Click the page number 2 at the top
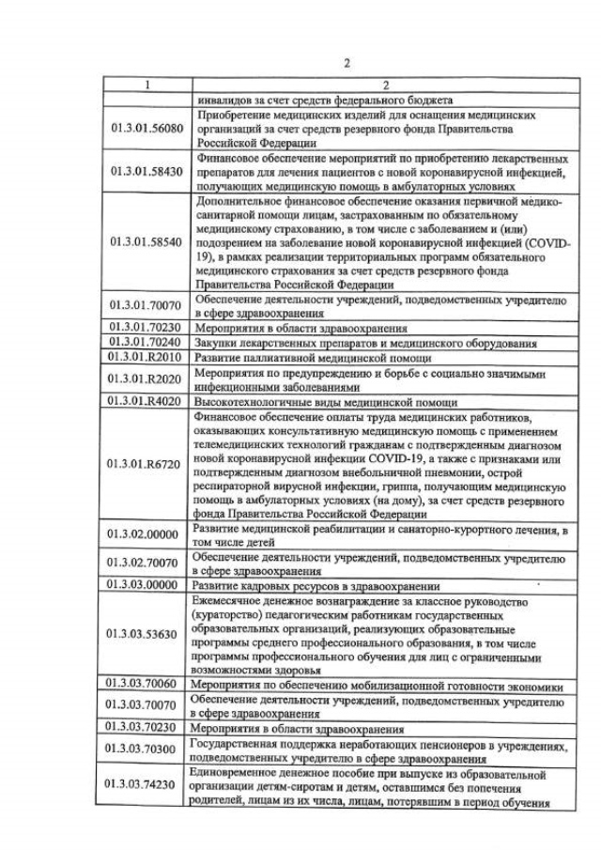pyautogui.click(x=347, y=63)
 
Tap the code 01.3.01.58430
pyautogui.click(x=146, y=172)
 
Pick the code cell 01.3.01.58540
pyautogui.click(x=146, y=241)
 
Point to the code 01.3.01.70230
pyautogui.click(x=146, y=329)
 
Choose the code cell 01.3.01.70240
pyautogui.click(x=146, y=343)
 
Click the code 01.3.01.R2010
pyautogui.click(x=146, y=357)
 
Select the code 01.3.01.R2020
pyautogui.click(x=146, y=379)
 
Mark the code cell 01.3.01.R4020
pyautogui.click(x=146, y=400)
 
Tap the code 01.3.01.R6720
pyautogui.click(x=146, y=464)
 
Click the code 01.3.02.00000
pyautogui.click(x=146, y=533)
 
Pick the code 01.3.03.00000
pyautogui.click(x=146, y=583)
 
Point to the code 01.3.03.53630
pyautogui.click(x=146, y=634)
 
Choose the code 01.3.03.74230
pyautogui.click(x=146, y=785)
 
